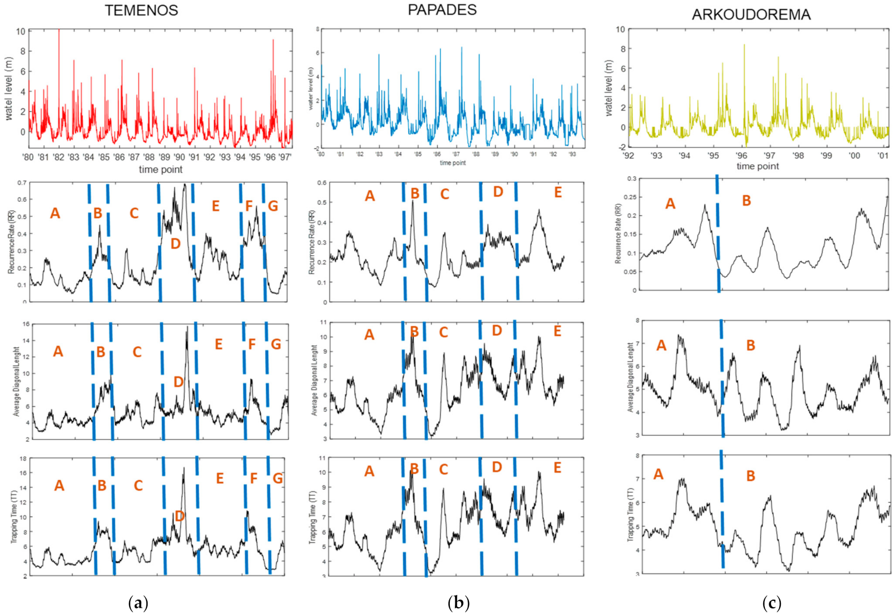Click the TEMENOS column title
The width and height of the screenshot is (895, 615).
(141, 11)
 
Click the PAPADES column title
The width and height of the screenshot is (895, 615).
(442, 10)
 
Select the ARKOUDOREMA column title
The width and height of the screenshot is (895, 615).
(751, 14)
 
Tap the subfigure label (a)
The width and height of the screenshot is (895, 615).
(138, 603)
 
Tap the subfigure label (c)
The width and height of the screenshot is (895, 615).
(772, 603)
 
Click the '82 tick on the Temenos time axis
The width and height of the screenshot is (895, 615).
(59, 157)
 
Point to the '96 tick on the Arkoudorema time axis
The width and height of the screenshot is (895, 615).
(741, 155)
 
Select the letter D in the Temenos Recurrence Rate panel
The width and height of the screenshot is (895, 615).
(175, 244)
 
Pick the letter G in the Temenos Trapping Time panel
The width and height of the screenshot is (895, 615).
(277, 479)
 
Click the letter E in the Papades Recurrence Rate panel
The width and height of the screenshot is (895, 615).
(558, 193)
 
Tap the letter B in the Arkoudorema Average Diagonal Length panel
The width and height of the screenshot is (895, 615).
(751, 345)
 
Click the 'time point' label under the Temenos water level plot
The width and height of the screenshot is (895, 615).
(160, 170)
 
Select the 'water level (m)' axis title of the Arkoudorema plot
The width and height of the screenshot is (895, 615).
(608, 88)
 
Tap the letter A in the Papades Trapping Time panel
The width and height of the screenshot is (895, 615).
(369, 471)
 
